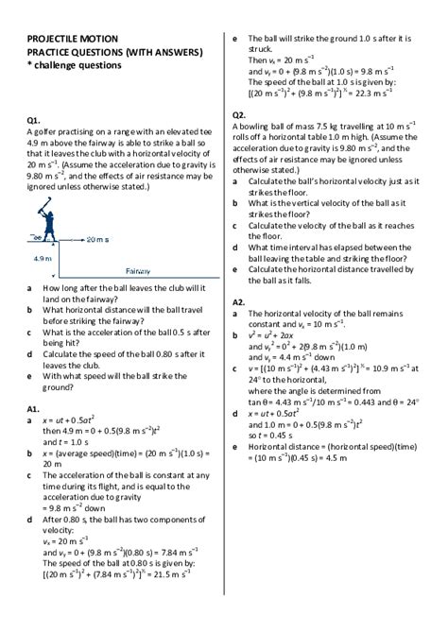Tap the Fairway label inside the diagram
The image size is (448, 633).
point(138,268)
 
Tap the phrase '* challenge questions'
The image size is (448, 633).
point(75,66)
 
